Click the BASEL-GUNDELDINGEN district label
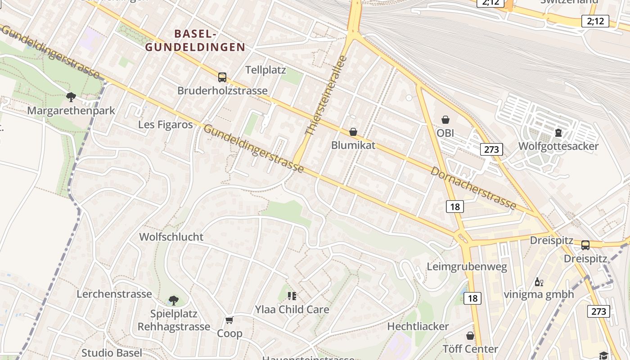coord(195,40)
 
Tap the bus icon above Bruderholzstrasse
coord(222,77)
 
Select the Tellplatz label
coord(265,70)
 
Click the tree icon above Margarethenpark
coord(71,97)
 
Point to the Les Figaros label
coord(166,125)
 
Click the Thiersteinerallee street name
coord(326,95)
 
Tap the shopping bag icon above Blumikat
coord(353,132)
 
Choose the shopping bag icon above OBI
coord(445,120)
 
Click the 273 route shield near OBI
coord(491,149)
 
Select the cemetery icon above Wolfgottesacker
coord(558,132)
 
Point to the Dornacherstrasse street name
coord(473,188)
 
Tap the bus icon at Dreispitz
coord(585,245)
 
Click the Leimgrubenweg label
coord(467,267)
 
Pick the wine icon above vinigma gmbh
coord(539,282)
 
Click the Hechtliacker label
coord(418,326)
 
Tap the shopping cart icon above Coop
coord(229,320)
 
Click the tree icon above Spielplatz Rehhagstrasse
coord(173,300)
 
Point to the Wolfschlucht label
coord(171,237)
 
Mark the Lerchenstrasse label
coord(114,294)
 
